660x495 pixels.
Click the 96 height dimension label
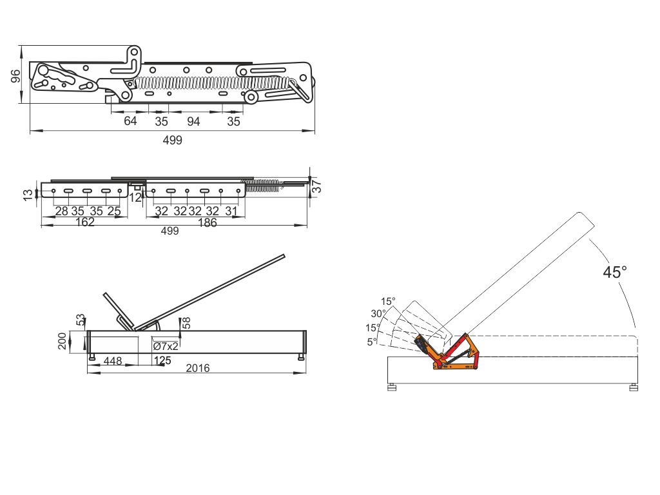(15, 76)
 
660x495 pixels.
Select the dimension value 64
(130, 121)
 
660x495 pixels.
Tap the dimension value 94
(193, 122)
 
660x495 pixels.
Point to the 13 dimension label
(28, 195)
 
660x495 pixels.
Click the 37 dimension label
(317, 186)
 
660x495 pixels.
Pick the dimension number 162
(84, 222)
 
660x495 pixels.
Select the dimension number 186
(207, 222)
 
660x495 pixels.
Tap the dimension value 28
(61, 211)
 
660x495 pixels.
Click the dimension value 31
(231, 211)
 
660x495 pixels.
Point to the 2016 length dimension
(198, 368)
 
